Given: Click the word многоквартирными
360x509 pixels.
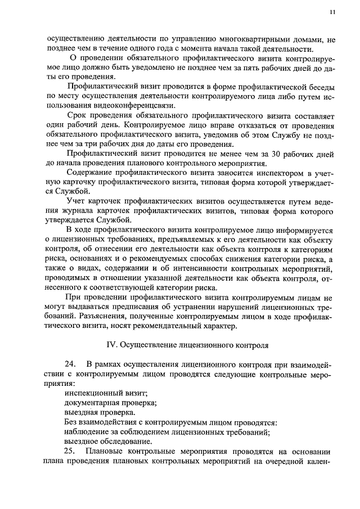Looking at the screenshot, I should coord(251,40).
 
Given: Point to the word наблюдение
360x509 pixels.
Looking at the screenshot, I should coord(87,432).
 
